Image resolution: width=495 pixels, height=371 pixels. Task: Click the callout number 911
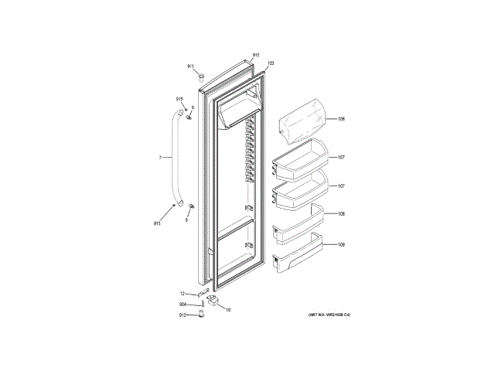tap(190, 66)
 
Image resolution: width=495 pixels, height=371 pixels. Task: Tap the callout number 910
tap(256, 56)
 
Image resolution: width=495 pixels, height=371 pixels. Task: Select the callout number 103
tap(271, 63)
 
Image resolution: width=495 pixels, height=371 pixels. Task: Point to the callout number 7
tap(160, 158)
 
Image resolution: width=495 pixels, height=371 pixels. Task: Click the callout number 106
tap(341, 119)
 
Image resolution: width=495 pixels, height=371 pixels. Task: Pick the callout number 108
tap(341, 213)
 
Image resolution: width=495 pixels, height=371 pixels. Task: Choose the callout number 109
tap(341, 245)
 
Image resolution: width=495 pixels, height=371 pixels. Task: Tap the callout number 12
tap(183, 294)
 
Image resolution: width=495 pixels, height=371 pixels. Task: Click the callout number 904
tap(183, 305)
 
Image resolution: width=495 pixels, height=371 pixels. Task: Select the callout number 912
tap(183, 315)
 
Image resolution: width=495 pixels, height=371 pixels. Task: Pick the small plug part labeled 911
tap(200, 77)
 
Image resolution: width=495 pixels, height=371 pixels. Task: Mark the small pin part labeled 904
tap(202, 305)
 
